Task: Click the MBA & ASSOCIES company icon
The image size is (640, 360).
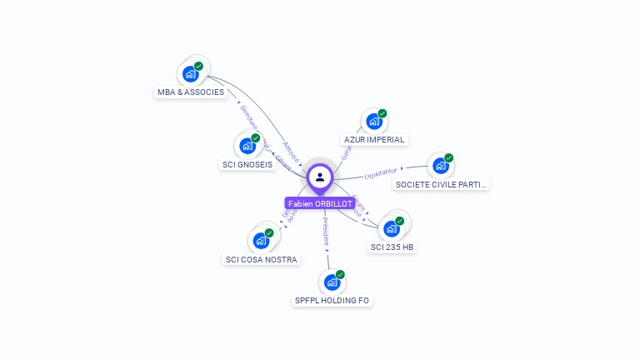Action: (x=190, y=73)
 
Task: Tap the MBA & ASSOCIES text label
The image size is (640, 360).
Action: (x=191, y=92)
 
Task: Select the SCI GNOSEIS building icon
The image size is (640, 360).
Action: (x=247, y=146)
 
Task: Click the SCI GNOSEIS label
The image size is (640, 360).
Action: (x=247, y=165)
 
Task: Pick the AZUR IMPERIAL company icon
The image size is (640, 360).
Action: (x=373, y=121)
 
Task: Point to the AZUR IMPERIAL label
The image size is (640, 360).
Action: (x=374, y=140)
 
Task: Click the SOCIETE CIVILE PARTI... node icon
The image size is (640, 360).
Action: (x=440, y=165)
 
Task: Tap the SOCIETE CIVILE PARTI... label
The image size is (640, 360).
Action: (x=441, y=184)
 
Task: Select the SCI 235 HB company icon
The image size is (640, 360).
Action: (x=391, y=228)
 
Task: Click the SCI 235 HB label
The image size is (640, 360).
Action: (x=392, y=247)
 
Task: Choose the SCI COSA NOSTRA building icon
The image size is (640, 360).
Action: (x=261, y=241)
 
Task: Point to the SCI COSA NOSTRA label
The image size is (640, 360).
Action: (x=262, y=260)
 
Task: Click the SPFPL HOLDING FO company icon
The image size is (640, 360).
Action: (x=332, y=282)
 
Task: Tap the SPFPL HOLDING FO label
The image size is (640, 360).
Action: (x=332, y=301)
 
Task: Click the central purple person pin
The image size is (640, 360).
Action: (x=320, y=177)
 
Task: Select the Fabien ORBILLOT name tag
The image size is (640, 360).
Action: (x=320, y=203)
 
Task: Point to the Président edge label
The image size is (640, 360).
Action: (x=326, y=232)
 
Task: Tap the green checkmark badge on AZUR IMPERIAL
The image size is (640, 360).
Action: (x=382, y=113)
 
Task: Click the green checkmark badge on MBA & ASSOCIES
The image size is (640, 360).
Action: (x=199, y=66)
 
